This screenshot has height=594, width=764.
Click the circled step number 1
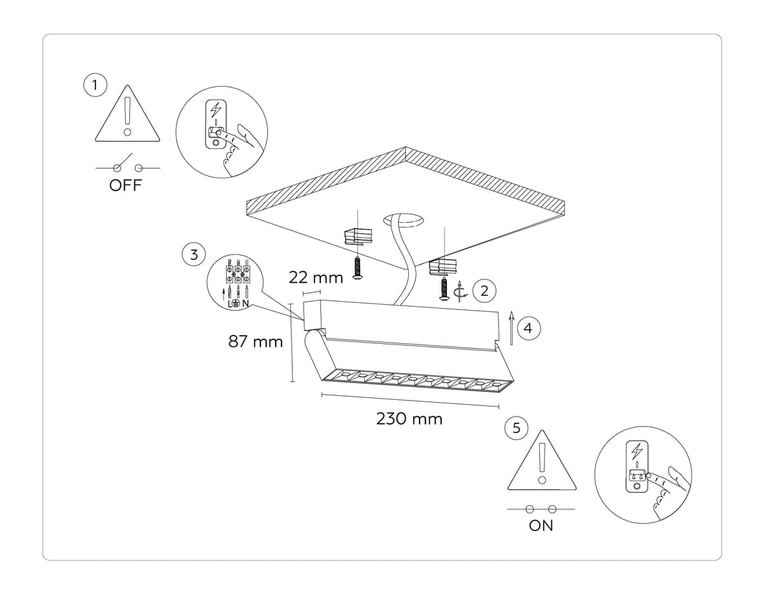pos(95,85)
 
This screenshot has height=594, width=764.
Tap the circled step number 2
pos(485,291)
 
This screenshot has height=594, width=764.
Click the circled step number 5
pos(516,428)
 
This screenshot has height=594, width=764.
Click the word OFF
pos(125,187)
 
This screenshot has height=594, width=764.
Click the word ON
pos(541,526)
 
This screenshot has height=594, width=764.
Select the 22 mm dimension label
pos(316,278)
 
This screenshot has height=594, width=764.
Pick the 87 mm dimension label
pos(255,342)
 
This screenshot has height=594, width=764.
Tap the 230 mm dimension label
pos(409,419)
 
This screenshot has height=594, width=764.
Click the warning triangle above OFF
pos(127,116)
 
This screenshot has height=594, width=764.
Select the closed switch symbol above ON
pos(541,509)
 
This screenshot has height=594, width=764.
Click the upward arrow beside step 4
pos(511,327)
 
